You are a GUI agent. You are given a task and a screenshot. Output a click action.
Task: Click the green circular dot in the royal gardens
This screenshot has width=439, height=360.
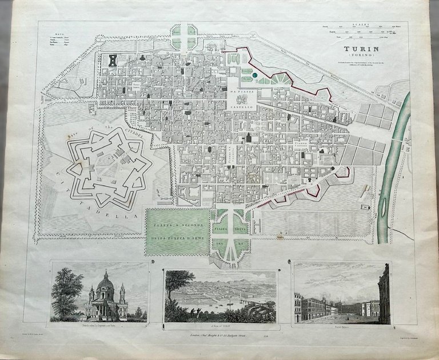[252, 74]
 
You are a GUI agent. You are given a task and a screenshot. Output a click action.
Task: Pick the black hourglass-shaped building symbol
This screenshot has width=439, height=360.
[113, 59]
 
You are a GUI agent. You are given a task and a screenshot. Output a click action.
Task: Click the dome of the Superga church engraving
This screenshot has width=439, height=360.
[105, 282]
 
